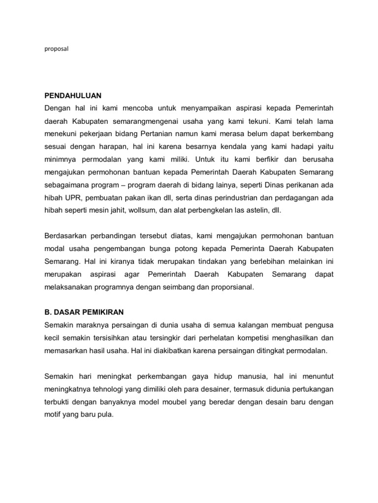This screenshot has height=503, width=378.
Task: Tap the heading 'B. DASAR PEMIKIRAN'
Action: click(x=84, y=312)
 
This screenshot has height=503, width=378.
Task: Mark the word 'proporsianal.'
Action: click(x=231, y=287)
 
